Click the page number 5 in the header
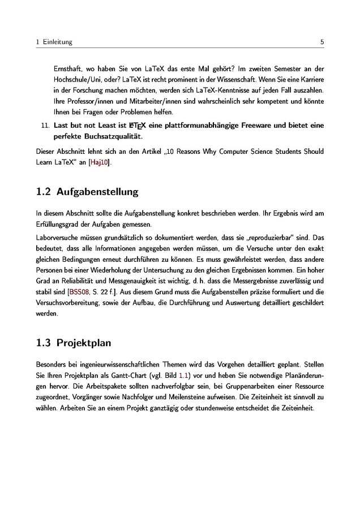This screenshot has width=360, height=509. click(x=322, y=42)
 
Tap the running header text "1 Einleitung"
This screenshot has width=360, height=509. click(x=54, y=42)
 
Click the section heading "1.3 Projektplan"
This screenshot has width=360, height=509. click(x=73, y=343)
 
